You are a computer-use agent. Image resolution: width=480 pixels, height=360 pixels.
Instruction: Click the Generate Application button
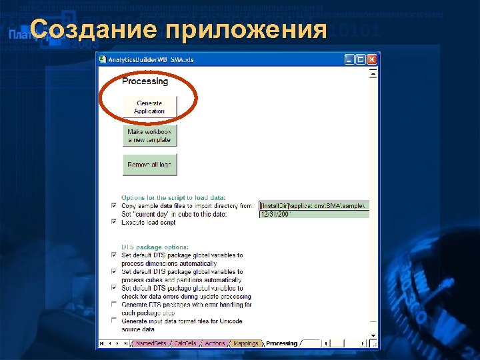coord(149,107)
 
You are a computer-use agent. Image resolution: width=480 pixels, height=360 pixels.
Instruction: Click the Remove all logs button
coord(149,165)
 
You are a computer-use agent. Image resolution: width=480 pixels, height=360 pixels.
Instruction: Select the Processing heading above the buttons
coord(145,81)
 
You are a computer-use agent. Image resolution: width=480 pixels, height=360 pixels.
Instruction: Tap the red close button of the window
coord(372,59)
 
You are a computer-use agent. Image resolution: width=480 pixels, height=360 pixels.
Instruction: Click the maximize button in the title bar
coord(361,59)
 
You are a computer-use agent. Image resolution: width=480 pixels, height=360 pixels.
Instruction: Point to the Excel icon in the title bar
coord(103,59)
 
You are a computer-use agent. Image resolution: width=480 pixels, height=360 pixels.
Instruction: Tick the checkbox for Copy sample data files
coord(113,206)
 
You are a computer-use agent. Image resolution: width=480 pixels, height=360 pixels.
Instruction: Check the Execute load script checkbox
coord(113,222)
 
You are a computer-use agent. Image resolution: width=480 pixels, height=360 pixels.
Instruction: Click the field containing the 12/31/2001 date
coord(313,214)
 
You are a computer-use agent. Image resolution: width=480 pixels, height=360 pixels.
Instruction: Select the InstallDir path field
coord(313,206)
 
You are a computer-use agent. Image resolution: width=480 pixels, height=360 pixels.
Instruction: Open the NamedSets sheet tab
coord(151,344)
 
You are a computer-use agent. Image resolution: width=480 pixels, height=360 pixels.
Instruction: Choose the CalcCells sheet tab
coord(185,344)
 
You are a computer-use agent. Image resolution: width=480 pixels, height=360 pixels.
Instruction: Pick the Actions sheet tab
coord(215,344)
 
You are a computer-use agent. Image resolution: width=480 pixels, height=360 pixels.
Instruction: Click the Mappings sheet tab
coord(245,344)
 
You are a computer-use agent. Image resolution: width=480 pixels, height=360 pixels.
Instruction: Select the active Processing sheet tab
coord(281,344)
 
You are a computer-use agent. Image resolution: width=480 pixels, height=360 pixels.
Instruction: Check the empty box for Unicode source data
coord(113,321)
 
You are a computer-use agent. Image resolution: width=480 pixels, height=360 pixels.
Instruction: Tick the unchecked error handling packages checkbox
coord(113,304)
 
